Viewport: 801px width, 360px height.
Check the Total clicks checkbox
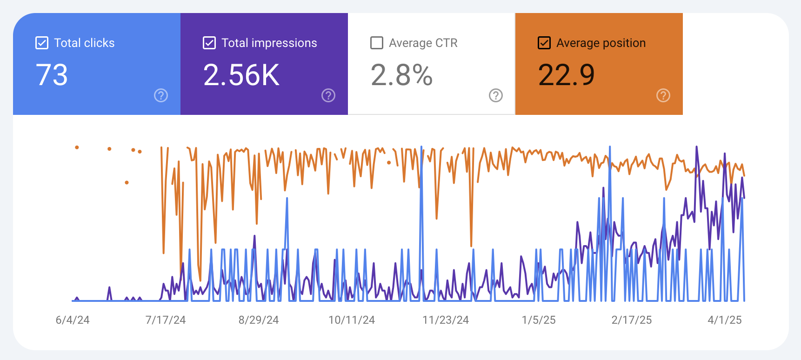tap(42, 43)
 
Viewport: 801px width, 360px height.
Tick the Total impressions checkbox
tap(209, 43)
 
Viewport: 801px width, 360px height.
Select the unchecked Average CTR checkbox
tap(377, 43)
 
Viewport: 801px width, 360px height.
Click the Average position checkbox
tap(544, 43)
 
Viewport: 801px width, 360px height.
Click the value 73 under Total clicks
tap(52, 75)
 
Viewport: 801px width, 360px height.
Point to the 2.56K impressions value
tap(241, 75)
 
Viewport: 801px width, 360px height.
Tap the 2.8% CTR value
tap(401, 75)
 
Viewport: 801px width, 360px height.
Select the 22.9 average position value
tap(566, 75)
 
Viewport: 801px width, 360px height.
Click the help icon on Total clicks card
tap(161, 95)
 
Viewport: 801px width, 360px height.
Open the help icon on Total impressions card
tap(328, 95)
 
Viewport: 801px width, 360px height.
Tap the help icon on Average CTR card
tap(496, 95)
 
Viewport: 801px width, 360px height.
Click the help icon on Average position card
tap(663, 95)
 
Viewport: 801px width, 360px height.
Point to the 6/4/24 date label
tap(73, 320)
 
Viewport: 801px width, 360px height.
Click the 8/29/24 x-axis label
tap(259, 320)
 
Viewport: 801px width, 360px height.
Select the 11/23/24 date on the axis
tap(446, 320)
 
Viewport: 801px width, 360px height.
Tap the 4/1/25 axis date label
tap(725, 320)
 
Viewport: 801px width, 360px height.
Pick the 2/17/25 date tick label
tap(632, 320)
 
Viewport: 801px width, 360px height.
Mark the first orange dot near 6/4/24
tap(77, 147)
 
